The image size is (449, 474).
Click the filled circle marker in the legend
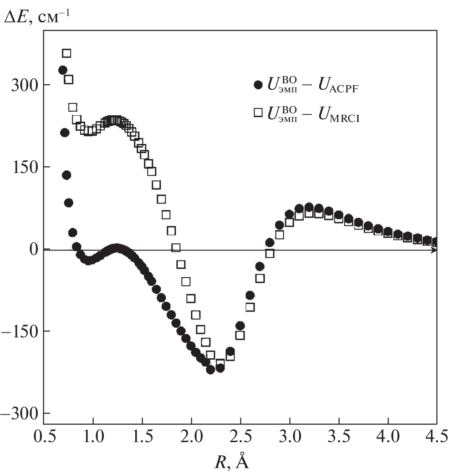pyautogui.click(x=258, y=85)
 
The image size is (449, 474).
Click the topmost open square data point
pyautogui.click(x=66, y=53)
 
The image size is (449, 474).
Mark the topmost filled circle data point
pyautogui.click(x=63, y=70)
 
